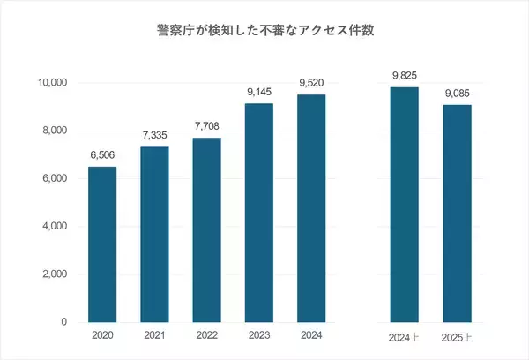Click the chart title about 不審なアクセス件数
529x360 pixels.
pyautogui.click(x=264, y=30)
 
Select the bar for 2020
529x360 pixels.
pyautogui.click(x=102, y=244)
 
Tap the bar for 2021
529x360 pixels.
pyautogui.click(x=154, y=234)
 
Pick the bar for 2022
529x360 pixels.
pyautogui.click(x=205, y=229)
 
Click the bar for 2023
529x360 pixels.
pyautogui.click(x=257, y=213)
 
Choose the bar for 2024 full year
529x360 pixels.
pyautogui.click(x=309, y=208)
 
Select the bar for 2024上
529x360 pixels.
pyautogui.click(x=404, y=205)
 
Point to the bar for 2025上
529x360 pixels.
pyautogui.click(x=456, y=214)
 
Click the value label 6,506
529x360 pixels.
pyautogui.click(x=102, y=155)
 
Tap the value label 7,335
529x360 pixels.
pyautogui.click(x=154, y=136)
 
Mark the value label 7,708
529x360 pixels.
pyautogui.click(x=205, y=127)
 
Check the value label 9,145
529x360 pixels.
pyautogui.click(x=257, y=93)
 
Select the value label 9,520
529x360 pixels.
pyautogui.click(x=309, y=84)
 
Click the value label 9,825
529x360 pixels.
pyautogui.click(x=404, y=76)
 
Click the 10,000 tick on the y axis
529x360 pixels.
pyautogui.click(x=50, y=83)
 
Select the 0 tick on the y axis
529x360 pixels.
pyautogui.click(x=64, y=322)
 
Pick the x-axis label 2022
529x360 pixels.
pyautogui.click(x=205, y=336)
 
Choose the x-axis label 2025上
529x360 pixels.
pyautogui.click(x=456, y=338)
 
